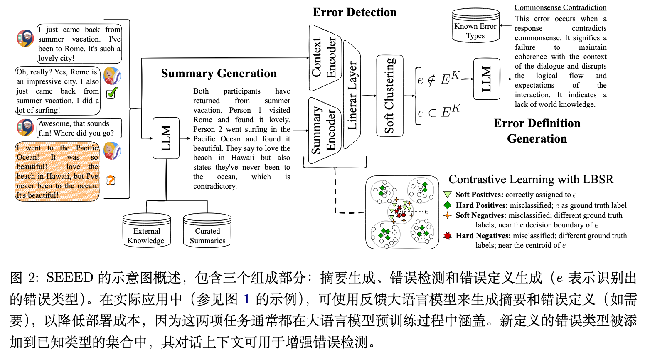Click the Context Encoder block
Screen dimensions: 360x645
pos(325,57)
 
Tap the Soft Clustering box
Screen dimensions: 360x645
pos(389,96)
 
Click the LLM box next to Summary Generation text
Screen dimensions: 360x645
pos(166,138)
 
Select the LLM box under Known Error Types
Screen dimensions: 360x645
pos(486,79)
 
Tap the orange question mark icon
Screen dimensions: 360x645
pos(111,180)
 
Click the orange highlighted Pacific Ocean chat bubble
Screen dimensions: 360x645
pos(57,171)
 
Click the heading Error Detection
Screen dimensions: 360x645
pos(355,12)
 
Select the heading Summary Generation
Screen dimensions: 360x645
pos(219,74)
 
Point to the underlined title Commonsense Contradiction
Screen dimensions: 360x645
pos(560,7)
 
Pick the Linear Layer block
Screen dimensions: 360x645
pos(352,95)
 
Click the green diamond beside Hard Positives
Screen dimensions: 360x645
pos(448,205)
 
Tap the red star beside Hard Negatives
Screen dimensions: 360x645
pos(448,236)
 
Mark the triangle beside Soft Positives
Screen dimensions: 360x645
pos(448,195)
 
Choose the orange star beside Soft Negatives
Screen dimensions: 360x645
pos(448,215)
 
